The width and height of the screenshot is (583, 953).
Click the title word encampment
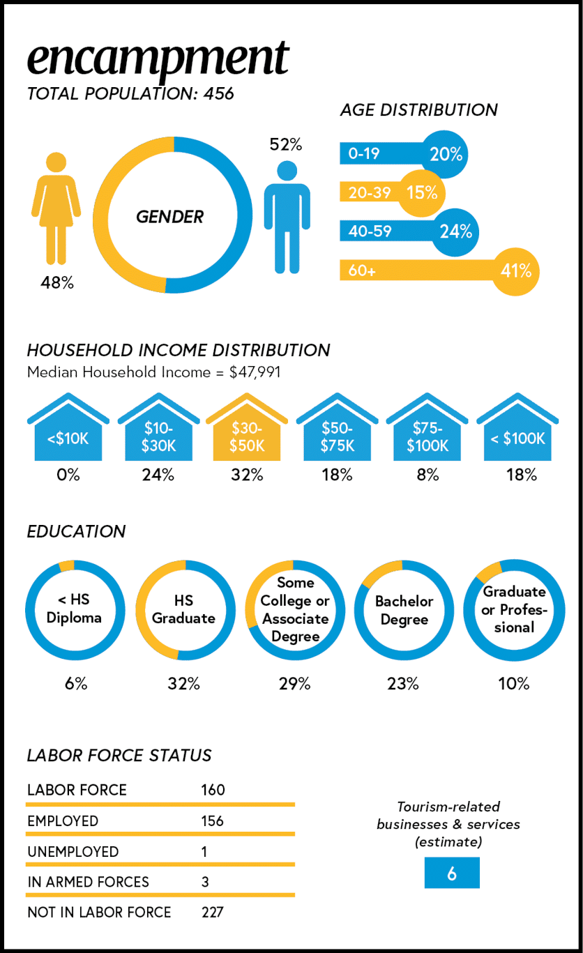point(158,59)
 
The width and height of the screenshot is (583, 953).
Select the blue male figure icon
point(287,216)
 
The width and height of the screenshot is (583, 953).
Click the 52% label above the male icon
point(286,145)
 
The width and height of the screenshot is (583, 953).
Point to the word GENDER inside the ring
point(169,217)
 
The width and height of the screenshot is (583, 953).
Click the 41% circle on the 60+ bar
point(516,270)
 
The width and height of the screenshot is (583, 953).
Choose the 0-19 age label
point(364,153)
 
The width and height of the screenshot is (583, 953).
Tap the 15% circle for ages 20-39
point(422,192)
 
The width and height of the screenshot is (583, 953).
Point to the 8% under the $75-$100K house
point(427,475)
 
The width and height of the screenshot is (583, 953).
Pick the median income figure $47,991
point(255,372)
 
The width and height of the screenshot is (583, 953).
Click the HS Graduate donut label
point(183,609)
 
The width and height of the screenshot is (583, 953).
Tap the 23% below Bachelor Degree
point(403,684)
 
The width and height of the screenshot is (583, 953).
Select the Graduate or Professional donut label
point(514,609)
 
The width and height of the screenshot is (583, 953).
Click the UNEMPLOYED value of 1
point(204,851)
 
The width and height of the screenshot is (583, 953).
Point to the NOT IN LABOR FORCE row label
point(99,912)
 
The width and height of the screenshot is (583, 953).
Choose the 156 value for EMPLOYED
point(212,821)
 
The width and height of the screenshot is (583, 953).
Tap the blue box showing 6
point(452,874)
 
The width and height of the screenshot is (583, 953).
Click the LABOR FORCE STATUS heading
point(119,755)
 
